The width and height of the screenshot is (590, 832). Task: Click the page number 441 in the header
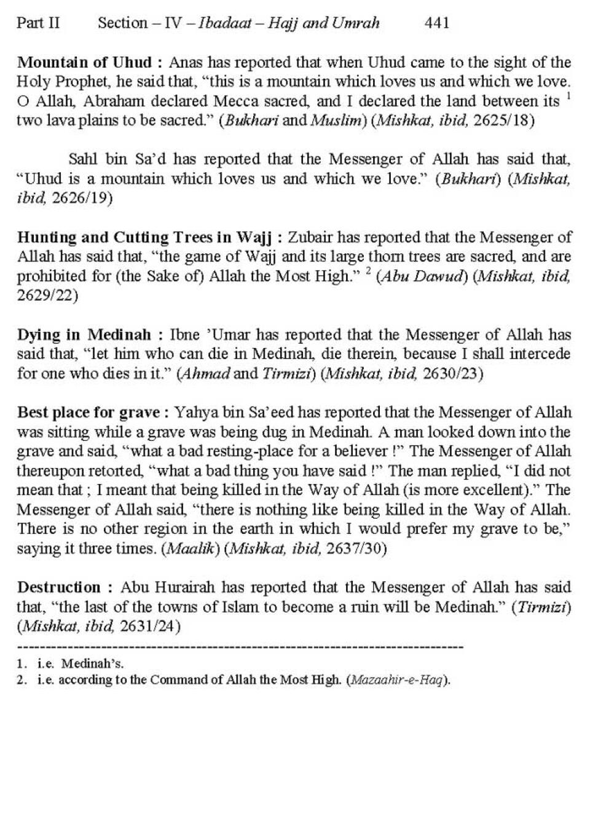[437, 23]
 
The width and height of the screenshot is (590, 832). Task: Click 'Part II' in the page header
[38, 23]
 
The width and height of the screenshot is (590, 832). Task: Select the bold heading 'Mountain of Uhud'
[85, 63]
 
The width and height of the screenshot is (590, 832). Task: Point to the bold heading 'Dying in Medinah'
[84, 335]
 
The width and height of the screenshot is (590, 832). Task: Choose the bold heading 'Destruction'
[59, 588]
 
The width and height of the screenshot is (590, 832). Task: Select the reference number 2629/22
[47, 296]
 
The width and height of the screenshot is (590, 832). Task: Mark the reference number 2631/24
[149, 627]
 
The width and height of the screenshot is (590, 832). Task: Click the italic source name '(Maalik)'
[190, 549]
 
